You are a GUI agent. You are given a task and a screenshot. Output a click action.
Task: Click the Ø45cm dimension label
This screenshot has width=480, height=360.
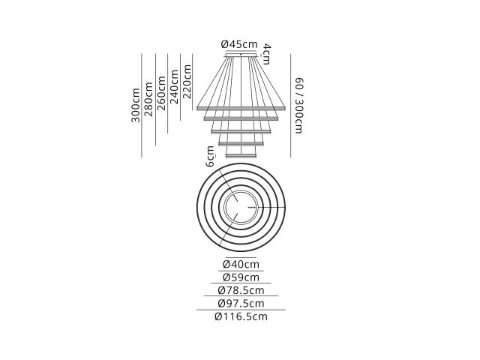[239, 44]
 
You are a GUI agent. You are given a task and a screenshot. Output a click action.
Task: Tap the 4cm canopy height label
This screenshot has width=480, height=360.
[267, 54]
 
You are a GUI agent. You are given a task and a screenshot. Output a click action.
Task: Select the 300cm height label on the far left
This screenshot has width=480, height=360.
[136, 105]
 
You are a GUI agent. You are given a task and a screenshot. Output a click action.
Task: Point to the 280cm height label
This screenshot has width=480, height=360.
[148, 99]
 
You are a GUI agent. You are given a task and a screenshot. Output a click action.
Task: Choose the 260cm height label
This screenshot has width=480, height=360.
[161, 93]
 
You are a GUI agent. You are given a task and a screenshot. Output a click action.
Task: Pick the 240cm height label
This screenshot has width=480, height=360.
[174, 87]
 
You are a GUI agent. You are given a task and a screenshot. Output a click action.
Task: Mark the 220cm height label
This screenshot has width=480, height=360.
[187, 82]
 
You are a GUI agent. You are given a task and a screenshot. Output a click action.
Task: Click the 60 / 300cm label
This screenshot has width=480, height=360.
[299, 106]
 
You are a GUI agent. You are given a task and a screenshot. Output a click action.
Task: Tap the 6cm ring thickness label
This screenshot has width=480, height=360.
[210, 157]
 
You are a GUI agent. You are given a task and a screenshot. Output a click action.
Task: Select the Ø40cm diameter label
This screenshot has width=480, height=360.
[241, 264]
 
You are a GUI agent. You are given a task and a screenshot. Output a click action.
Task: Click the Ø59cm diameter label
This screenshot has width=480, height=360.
[241, 277]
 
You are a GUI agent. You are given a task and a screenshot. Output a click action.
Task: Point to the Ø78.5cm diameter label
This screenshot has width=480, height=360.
[241, 290]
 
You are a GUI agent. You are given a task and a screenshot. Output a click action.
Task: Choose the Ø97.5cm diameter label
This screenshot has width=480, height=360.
[241, 303]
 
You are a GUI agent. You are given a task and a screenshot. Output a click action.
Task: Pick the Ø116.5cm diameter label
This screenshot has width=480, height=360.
[241, 316]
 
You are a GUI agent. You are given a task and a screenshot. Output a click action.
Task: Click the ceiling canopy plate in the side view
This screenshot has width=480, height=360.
[241, 55]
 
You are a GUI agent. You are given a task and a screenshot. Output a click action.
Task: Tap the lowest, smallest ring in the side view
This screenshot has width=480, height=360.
[241, 157]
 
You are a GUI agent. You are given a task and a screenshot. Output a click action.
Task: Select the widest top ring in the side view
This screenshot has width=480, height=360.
[241, 108]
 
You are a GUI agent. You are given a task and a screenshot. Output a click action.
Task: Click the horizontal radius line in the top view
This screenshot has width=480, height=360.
[271, 208]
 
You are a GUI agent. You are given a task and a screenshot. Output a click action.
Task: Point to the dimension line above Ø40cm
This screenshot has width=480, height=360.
[241, 258]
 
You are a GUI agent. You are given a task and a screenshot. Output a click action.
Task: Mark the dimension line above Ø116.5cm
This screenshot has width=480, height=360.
[241, 310]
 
